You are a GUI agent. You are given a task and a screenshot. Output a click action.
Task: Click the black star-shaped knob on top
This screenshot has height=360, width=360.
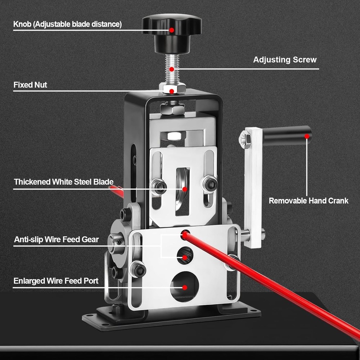[172, 27]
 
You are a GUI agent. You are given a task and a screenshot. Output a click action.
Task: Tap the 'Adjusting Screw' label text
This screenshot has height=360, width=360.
[285, 60]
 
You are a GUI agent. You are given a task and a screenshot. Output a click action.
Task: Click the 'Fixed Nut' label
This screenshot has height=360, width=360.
[30, 85]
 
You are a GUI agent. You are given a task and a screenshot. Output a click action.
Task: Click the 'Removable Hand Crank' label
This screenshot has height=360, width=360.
[309, 201]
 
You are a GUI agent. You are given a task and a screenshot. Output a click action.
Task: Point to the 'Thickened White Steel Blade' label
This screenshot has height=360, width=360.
[64, 182]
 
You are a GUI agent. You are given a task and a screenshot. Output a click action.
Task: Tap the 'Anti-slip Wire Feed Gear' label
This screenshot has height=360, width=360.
[56, 239]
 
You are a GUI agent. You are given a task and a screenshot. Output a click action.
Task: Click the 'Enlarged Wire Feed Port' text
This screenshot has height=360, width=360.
[56, 281]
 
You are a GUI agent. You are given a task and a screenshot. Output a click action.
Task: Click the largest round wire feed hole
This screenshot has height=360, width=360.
[184, 287]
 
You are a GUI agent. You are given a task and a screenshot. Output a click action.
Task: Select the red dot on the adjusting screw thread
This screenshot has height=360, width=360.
[172, 69]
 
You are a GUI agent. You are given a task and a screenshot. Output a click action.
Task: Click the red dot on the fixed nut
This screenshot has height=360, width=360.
[173, 91]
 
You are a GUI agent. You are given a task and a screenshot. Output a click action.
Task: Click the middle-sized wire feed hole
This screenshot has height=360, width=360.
[185, 256]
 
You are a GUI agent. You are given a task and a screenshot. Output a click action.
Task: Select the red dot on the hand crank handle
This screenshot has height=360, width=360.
[307, 136]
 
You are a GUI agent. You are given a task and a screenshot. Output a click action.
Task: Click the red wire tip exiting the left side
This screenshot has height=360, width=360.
[116, 190]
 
